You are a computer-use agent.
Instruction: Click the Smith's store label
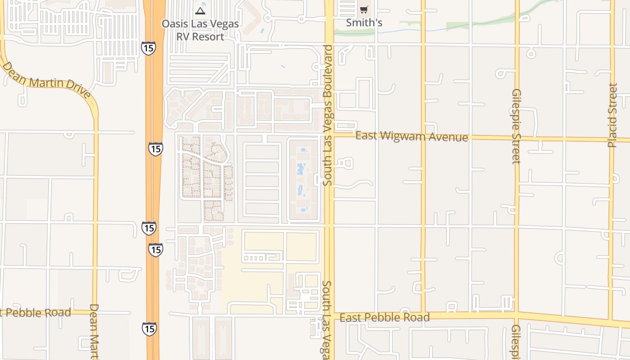point(364,22)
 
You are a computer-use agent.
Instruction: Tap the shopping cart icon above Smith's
point(364,9)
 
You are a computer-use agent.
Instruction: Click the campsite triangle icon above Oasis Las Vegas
point(200,10)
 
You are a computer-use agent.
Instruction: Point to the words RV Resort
point(200,37)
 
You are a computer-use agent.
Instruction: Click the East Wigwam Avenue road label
point(411,136)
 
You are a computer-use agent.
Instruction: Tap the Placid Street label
point(612,115)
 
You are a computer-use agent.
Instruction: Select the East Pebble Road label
point(384,318)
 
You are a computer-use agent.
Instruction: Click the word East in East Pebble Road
point(350,318)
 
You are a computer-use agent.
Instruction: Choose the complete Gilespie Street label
point(516,126)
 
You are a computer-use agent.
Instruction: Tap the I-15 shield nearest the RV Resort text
point(148,48)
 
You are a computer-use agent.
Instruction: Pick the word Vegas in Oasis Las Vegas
point(224,24)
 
